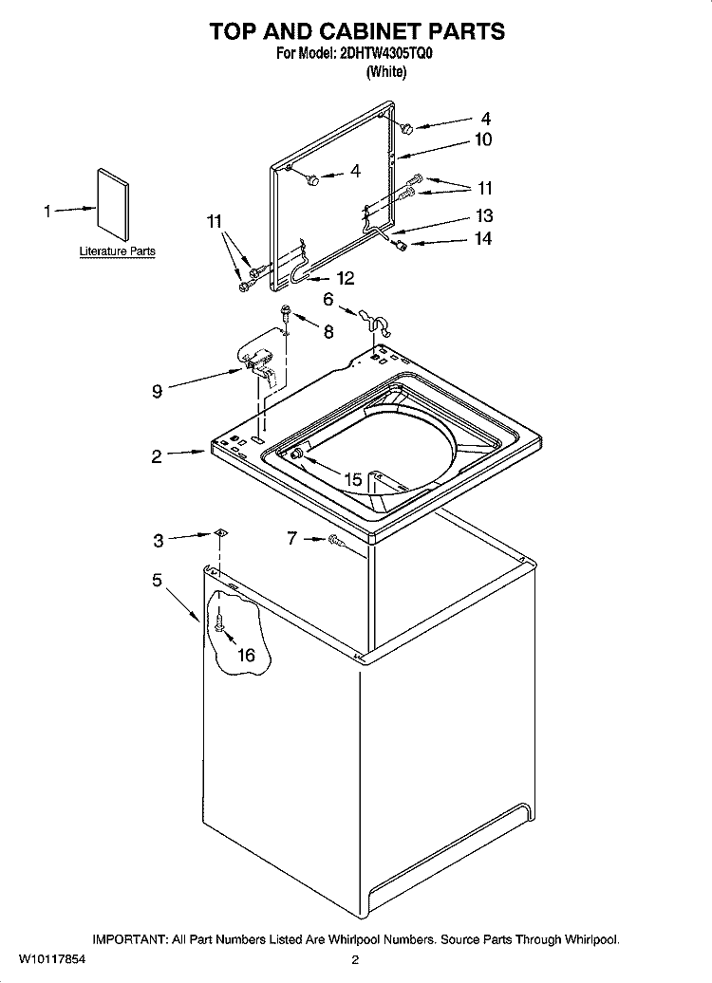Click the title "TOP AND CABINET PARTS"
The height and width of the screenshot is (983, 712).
pyautogui.click(x=356, y=30)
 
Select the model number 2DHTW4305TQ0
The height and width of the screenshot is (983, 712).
pyautogui.click(x=385, y=54)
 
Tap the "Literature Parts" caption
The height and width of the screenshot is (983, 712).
pyautogui.click(x=117, y=251)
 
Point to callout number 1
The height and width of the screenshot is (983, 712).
pyautogui.click(x=47, y=212)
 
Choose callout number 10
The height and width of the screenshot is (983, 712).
pyautogui.click(x=483, y=139)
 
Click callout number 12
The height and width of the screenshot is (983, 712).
pyautogui.click(x=345, y=278)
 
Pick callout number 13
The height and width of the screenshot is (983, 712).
pyautogui.click(x=484, y=214)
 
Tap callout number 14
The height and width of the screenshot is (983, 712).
pyautogui.click(x=483, y=238)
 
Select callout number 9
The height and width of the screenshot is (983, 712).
pyautogui.click(x=157, y=390)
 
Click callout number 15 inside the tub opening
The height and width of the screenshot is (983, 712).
pyautogui.click(x=353, y=480)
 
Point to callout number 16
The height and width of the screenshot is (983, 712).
pyautogui.click(x=246, y=655)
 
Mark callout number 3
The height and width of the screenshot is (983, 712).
pyautogui.click(x=159, y=541)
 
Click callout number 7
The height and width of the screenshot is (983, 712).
pyautogui.click(x=292, y=539)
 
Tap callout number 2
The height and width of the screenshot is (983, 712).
pyautogui.click(x=157, y=456)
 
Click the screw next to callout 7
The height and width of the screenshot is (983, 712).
pyautogui.click(x=336, y=541)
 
